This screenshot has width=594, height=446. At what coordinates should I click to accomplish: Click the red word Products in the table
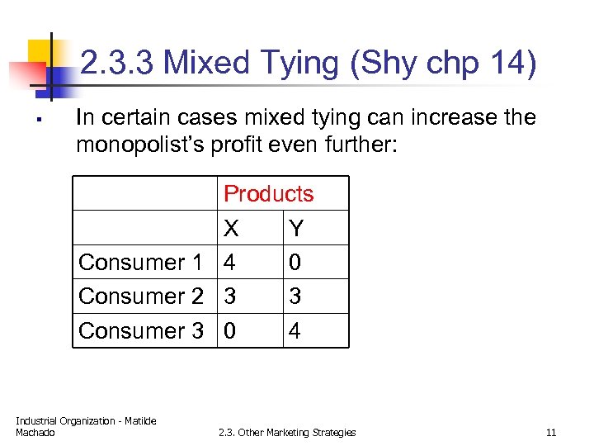click(268, 194)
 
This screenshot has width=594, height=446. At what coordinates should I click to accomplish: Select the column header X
click(232, 228)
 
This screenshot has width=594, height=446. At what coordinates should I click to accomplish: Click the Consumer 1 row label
click(140, 263)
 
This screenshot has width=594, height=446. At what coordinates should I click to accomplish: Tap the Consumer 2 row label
click(140, 297)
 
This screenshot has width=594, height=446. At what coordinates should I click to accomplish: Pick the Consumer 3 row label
click(140, 330)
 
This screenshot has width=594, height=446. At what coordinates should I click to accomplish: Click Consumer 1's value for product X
click(230, 263)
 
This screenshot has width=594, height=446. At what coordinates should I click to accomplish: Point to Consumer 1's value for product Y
click(295, 263)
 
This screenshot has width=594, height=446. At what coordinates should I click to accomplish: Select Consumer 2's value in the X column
click(230, 297)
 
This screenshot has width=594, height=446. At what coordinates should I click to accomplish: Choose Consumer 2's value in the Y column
click(295, 297)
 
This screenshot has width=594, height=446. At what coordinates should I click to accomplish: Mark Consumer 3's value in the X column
click(230, 330)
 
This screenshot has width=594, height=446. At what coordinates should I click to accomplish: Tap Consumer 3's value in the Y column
click(295, 330)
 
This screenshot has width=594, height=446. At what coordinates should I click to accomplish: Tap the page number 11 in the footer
click(551, 432)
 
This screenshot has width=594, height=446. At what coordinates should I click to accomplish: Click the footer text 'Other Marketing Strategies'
click(307, 432)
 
